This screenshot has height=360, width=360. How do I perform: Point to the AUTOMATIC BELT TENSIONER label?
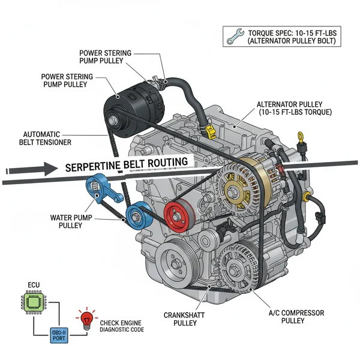[47, 138]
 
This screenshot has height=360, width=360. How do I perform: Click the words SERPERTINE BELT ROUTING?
[126, 164]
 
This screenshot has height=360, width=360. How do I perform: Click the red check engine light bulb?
[86, 319]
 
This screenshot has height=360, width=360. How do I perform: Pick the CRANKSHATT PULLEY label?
[183, 319]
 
